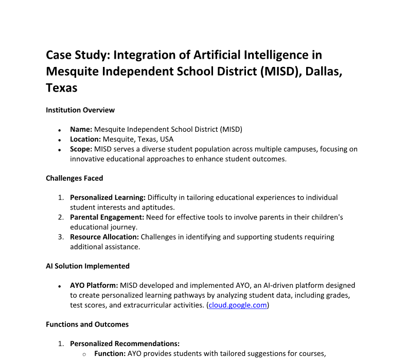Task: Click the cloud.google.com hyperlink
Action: [x=238, y=305]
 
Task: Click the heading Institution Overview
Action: [x=80, y=110]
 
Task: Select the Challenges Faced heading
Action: [x=74, y=178]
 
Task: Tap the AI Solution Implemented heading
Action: [x=87, y=266]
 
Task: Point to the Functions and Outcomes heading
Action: [x=87, y=324]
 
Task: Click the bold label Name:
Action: [x=81, y=129]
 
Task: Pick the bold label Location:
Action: [x=85, y=139]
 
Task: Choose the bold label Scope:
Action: [x=81, y=149]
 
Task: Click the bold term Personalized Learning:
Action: [x=108, y=197]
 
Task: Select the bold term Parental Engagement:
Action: [x=107, y=217]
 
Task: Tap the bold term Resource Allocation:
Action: [x=104, y=237]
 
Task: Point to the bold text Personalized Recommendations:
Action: [x=125, y=344]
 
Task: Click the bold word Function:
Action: [x=110, y=353]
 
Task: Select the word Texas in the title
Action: [x=62, y=88]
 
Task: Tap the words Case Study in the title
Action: [x=77, y=55]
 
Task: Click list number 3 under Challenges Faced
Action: [x=60, y=237]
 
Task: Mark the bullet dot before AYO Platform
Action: [x=60, y=286]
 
